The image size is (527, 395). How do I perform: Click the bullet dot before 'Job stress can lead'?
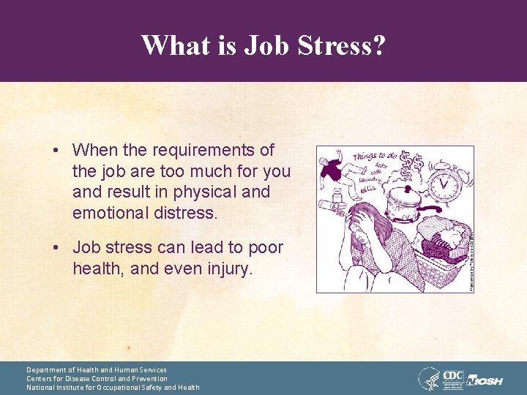tap(56, 248)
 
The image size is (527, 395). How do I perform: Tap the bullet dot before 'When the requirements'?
tap(56, 151)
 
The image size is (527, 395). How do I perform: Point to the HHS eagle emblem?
tap(429, 378)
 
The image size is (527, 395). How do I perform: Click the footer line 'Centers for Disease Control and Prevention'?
tap(97, 379)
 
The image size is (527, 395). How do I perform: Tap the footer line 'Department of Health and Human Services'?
tap(97, 370)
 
